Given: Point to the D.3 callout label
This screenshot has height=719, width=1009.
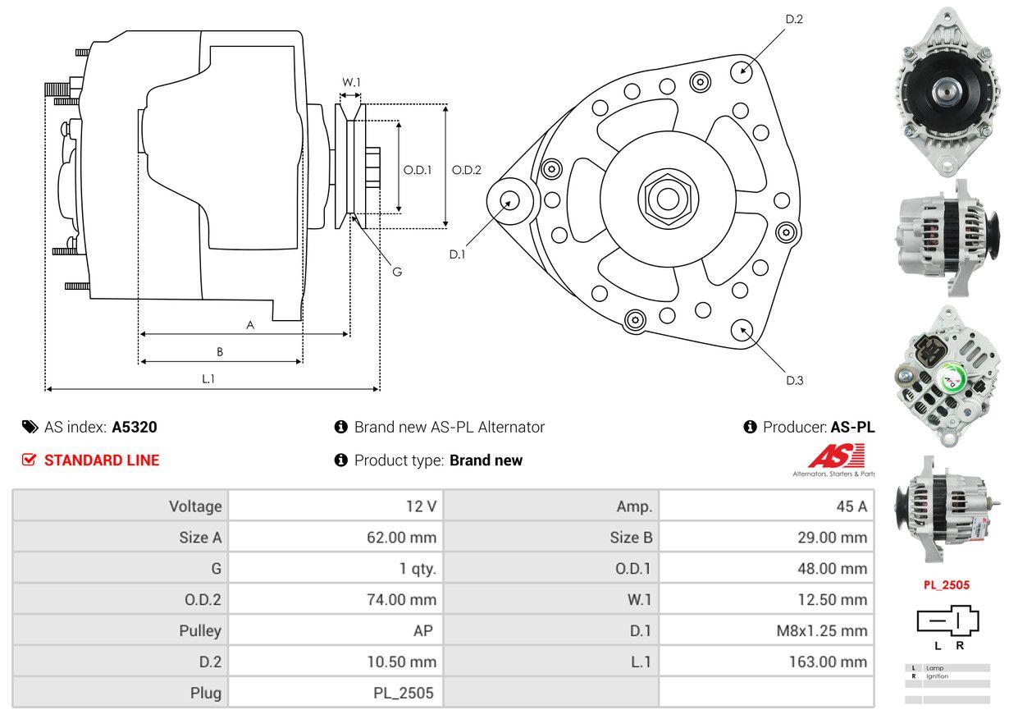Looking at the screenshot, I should click(794, 380).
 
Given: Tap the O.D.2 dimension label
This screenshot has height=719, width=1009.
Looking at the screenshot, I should click(467, 170).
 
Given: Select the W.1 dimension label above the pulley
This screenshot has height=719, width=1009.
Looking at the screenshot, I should click(351, 82).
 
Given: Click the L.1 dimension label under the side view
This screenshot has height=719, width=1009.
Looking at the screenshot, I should click(208, 378).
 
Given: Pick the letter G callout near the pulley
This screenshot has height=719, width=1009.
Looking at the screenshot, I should click(396, 272).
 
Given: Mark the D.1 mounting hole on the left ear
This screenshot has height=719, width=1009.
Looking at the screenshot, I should click(509, 200).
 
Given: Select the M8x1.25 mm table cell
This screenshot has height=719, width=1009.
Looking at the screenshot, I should click(821, 630).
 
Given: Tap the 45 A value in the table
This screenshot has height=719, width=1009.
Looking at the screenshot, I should click(851, 506).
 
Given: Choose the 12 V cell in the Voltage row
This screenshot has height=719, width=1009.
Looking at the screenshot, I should click(421, 506).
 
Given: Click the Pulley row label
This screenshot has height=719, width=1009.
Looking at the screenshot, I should click(200, 630).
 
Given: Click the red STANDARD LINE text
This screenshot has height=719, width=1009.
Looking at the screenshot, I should click(102, 460).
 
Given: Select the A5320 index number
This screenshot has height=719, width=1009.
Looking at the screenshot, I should click(135, 427).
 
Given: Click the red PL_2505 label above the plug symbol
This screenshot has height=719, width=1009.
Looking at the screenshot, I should click(947, 585).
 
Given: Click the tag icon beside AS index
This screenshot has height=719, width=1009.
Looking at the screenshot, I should click(30, 427).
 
